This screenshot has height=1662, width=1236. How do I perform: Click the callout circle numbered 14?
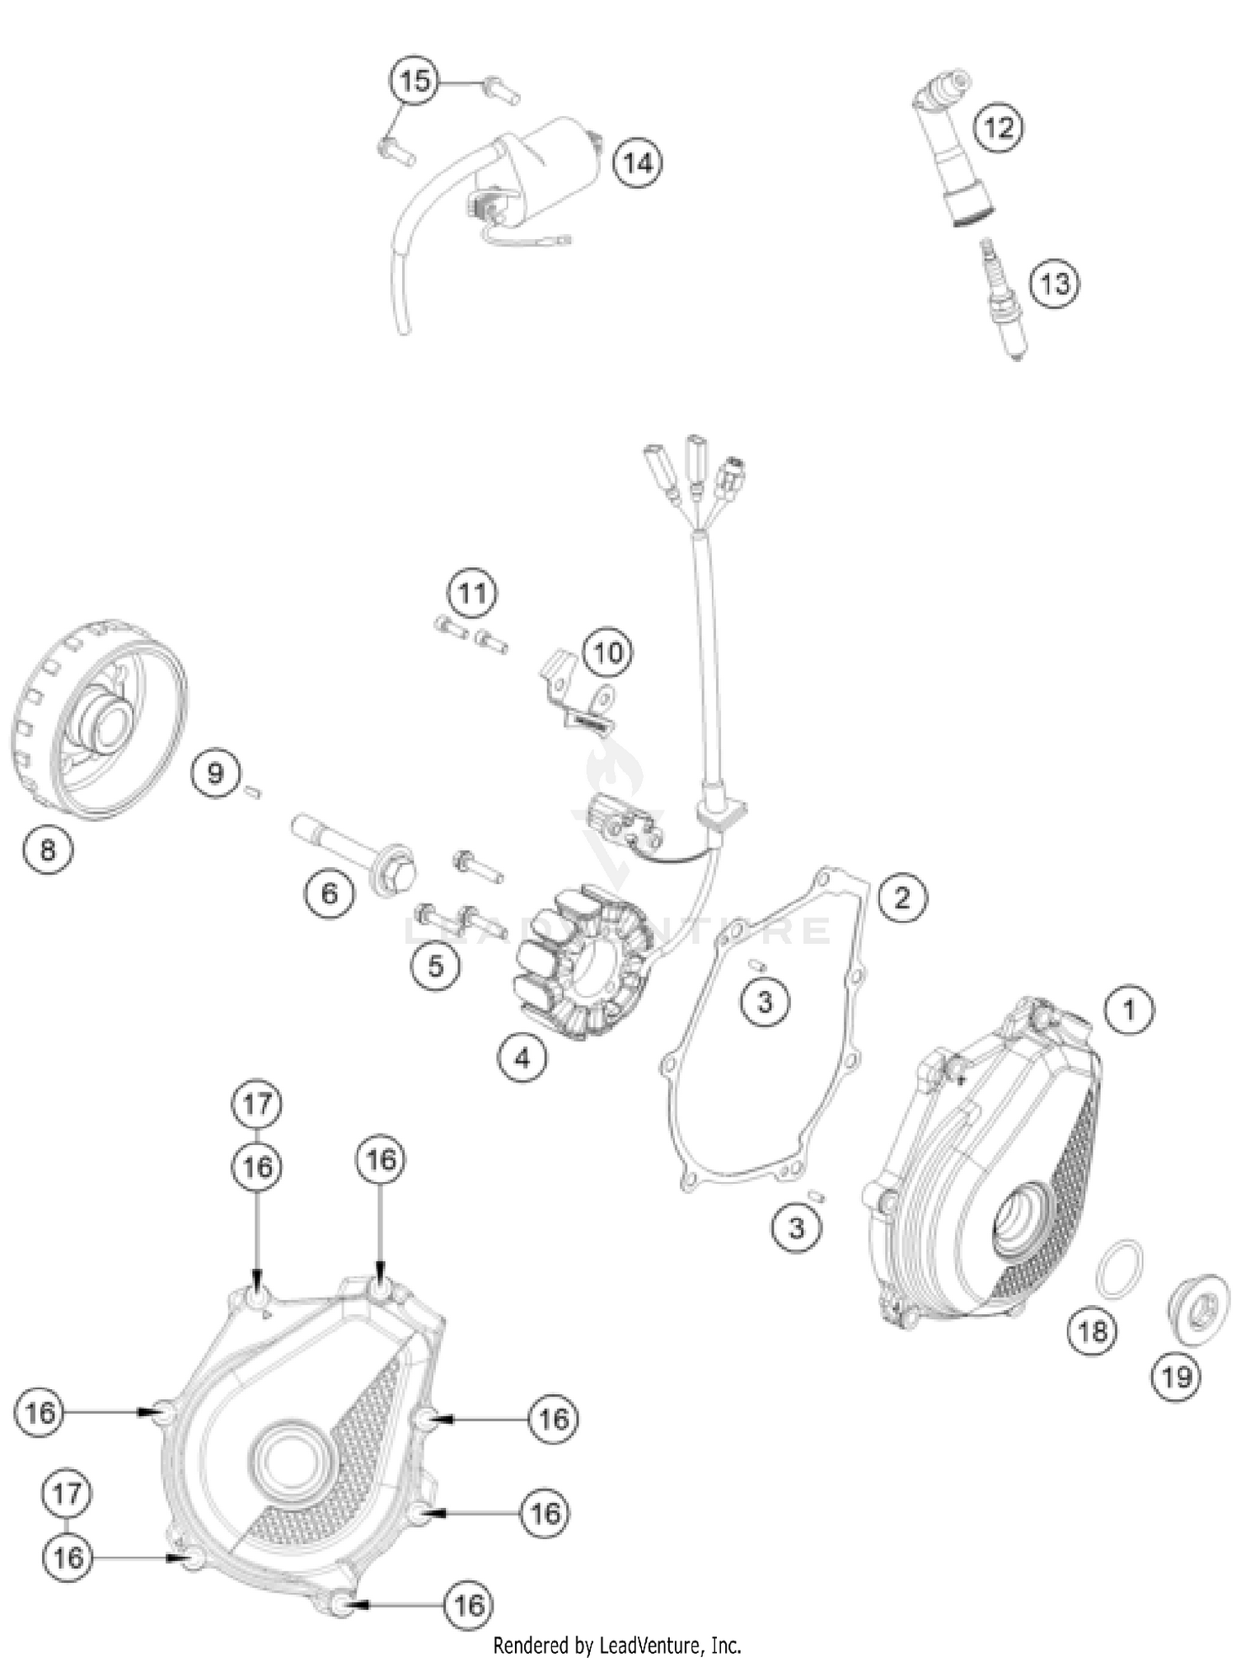click(638, 162)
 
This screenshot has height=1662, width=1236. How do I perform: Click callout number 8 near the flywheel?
click(48, 849)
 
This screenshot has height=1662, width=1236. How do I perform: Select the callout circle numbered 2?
click(901, 897)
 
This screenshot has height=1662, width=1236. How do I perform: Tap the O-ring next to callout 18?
click(1119, 1269)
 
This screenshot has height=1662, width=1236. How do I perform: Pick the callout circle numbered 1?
click(1129, 1009)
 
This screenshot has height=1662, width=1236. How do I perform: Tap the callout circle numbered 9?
click(215, 772)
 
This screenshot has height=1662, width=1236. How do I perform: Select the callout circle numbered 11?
click(472, 593)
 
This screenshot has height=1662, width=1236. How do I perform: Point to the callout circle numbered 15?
click(414, 82)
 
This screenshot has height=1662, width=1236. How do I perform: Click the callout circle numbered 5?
click(435, 965)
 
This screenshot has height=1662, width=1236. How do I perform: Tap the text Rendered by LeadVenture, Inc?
click(617, 1646)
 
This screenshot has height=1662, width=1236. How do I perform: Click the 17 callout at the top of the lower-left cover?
click(257, 1103)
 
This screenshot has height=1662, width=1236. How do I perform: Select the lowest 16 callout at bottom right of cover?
click(469, 1604)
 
